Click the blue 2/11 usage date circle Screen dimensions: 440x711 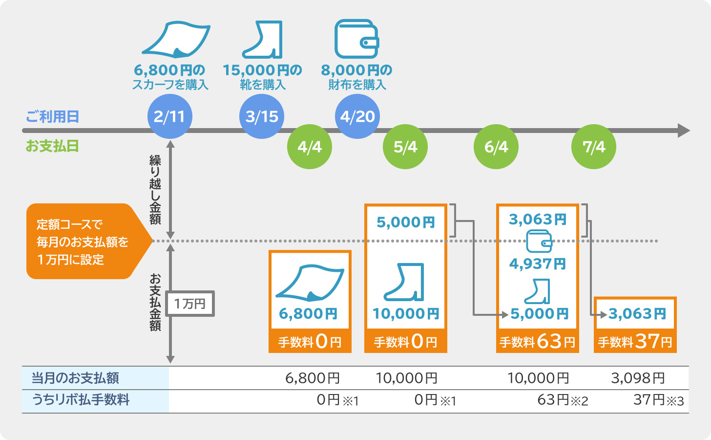pos(169,116)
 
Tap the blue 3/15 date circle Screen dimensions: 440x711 pos(262,116)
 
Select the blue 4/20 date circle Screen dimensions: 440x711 pos(357,116)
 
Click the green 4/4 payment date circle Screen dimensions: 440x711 pos(310,147)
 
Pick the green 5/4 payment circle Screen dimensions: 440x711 pos(405,147)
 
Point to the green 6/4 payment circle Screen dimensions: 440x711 pos(496,147)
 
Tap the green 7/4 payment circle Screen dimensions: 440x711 pos(593,147)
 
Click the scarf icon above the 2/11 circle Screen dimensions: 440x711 pos(176,39)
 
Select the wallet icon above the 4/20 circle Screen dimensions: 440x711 pos(356,39)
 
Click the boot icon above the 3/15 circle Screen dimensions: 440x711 pos(264,39)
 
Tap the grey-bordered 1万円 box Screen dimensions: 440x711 pos(190,304)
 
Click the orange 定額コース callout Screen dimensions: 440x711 pos(83,242)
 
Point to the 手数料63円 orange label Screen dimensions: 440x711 pos(537,341)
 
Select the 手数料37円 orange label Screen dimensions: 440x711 pos(635,341)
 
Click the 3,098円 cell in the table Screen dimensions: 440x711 pos(638,378)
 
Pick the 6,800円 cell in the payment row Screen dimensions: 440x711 pos(313,378)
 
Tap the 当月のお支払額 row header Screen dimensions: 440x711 pos(76,378)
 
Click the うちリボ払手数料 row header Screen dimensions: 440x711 pos(81,400)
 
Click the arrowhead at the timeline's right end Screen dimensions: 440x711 pos(684,131)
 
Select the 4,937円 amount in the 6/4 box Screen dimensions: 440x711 pos(537,264)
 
